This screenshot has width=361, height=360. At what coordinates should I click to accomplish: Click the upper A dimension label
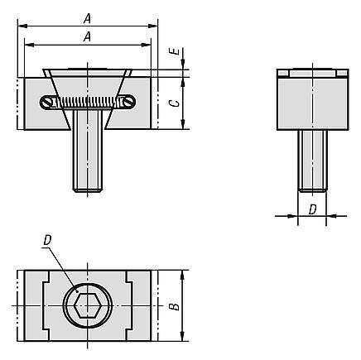87,19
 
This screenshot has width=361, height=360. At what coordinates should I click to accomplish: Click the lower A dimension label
87,36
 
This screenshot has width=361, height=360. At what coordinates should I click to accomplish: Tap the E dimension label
175,51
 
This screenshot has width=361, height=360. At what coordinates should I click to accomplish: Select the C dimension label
175,103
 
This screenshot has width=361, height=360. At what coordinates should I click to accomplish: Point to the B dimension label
175,306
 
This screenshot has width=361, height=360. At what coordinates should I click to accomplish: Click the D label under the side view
312,209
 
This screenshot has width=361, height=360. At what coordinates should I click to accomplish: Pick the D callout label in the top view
47,240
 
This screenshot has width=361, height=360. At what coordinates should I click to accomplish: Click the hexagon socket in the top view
88,305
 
